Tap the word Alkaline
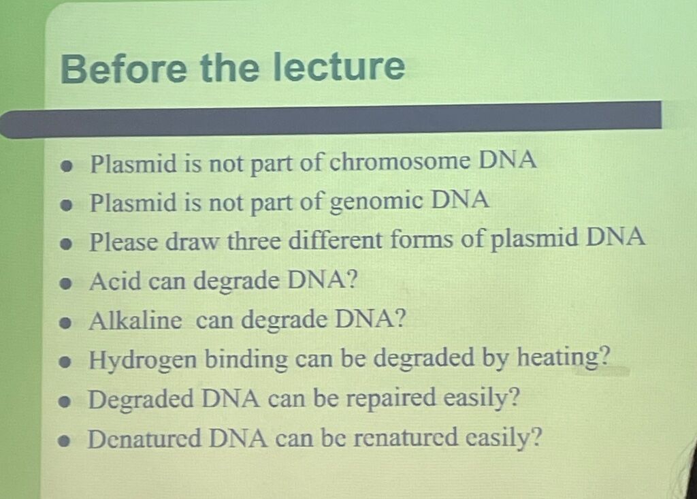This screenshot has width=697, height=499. pyautogui.click(x=135, y=320)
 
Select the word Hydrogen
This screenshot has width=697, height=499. pyautogui.click(x=143, y=360)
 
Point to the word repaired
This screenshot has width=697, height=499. pyautogui.click(x=391, y=398)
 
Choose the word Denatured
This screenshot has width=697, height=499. pyautogui.click(x=144, y=438)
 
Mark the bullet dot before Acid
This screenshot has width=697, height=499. pyautogui.click(x=66, y=283)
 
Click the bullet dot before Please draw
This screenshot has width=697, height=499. pyautogui.click(x=66, y=244)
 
